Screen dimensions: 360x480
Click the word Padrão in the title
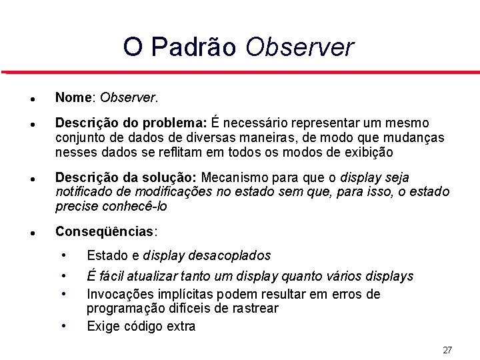tap(194, 47)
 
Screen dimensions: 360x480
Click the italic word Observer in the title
tap(300, 47)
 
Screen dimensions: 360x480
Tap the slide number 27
tap(447, 350)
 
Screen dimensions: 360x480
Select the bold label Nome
tap(74, 98)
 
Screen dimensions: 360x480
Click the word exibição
tap(368, 152)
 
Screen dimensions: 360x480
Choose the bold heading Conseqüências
tap(105, 231)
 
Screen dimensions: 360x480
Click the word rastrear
tap(254, 308)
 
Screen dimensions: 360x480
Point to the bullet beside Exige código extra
tap(63, 325)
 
